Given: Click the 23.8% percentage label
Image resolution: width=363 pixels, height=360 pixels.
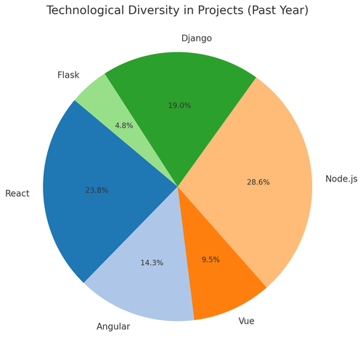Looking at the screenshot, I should click(97, 190).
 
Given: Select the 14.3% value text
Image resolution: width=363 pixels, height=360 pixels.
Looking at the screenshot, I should click(152, 263).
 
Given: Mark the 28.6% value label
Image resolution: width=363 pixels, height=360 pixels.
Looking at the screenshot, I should click(258, 182).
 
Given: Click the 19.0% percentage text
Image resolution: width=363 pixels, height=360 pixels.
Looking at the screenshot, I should click(179, 105).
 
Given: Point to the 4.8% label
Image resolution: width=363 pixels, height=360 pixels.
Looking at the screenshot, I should click(124, 125).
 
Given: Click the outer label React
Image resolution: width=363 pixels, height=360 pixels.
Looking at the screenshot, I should click(17, 193).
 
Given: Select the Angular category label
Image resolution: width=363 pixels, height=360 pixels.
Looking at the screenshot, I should click(113, 327).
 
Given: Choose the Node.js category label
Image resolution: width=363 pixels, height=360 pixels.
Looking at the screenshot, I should click(342, 179).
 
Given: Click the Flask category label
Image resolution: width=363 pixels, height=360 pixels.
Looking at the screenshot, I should click(68, 75).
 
